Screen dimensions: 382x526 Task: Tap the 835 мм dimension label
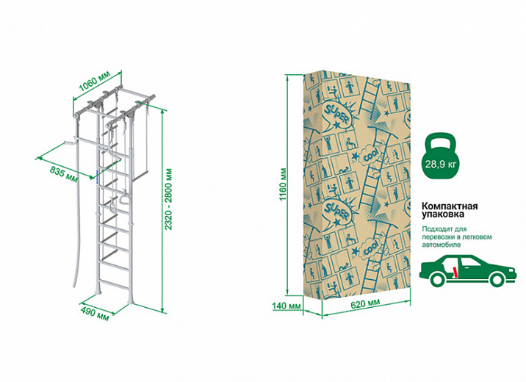coord(65,176)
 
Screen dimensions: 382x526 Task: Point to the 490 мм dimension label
coord(96,314)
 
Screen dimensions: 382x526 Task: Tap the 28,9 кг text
coord(440,165)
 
